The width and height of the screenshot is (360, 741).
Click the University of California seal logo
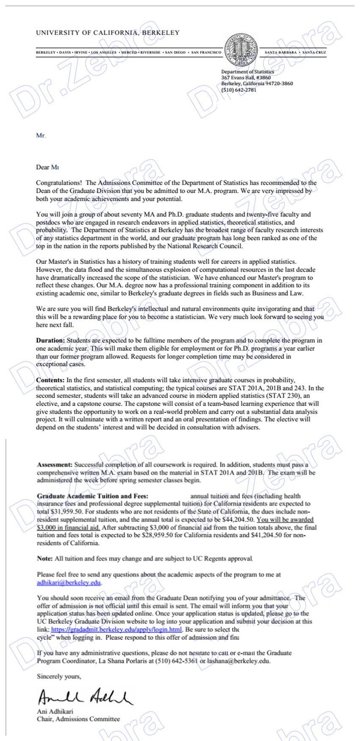[241, 50]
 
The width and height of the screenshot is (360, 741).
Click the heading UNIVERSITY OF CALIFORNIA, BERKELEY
[108, 33]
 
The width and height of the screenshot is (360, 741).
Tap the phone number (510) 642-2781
[238, 90]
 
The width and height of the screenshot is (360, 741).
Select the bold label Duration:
[50, 340]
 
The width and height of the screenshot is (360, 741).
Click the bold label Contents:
[50, 380]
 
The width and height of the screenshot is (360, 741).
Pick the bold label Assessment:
[55, 465]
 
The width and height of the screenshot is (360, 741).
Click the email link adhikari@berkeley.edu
[69, 583]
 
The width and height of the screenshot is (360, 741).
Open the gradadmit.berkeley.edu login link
[117, 629]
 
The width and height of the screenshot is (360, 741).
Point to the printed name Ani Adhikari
[55, 711]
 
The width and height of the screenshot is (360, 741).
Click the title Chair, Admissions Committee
[78, 719]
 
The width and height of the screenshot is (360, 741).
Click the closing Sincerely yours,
[59, 676]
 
